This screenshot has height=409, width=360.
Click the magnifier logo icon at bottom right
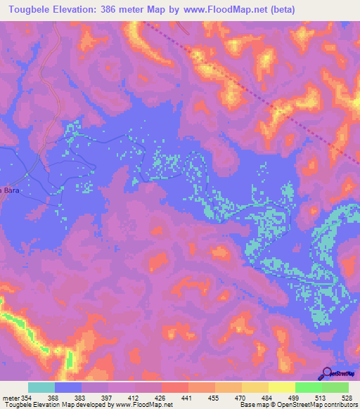(x=328, y=373)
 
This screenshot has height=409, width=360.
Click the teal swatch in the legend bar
(x=41, y=387)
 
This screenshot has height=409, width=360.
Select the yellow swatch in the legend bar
(x=281, y=387)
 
